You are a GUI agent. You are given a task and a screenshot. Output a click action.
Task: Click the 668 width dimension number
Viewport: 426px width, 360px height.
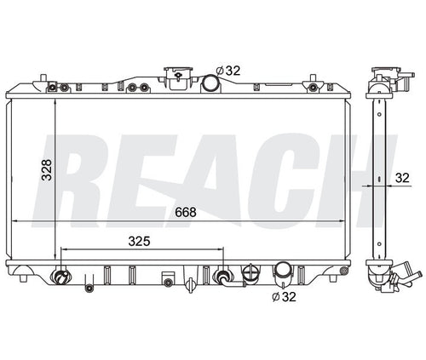point(186,212)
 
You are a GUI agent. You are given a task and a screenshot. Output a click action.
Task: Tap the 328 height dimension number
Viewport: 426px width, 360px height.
point(47,170)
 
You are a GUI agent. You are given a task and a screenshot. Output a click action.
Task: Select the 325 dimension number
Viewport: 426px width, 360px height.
point(139,242)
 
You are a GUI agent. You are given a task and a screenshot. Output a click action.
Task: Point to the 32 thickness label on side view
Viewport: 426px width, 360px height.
point(402,178)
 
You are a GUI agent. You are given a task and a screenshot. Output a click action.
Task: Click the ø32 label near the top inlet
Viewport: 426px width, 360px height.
point(228,71)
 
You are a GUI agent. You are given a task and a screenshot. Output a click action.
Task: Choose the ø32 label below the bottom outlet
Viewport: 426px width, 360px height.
point(284,297)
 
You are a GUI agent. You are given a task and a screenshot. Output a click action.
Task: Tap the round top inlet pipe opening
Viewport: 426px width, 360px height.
point(210,83)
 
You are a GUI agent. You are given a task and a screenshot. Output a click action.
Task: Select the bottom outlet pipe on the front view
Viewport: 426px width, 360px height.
point(282,273)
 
